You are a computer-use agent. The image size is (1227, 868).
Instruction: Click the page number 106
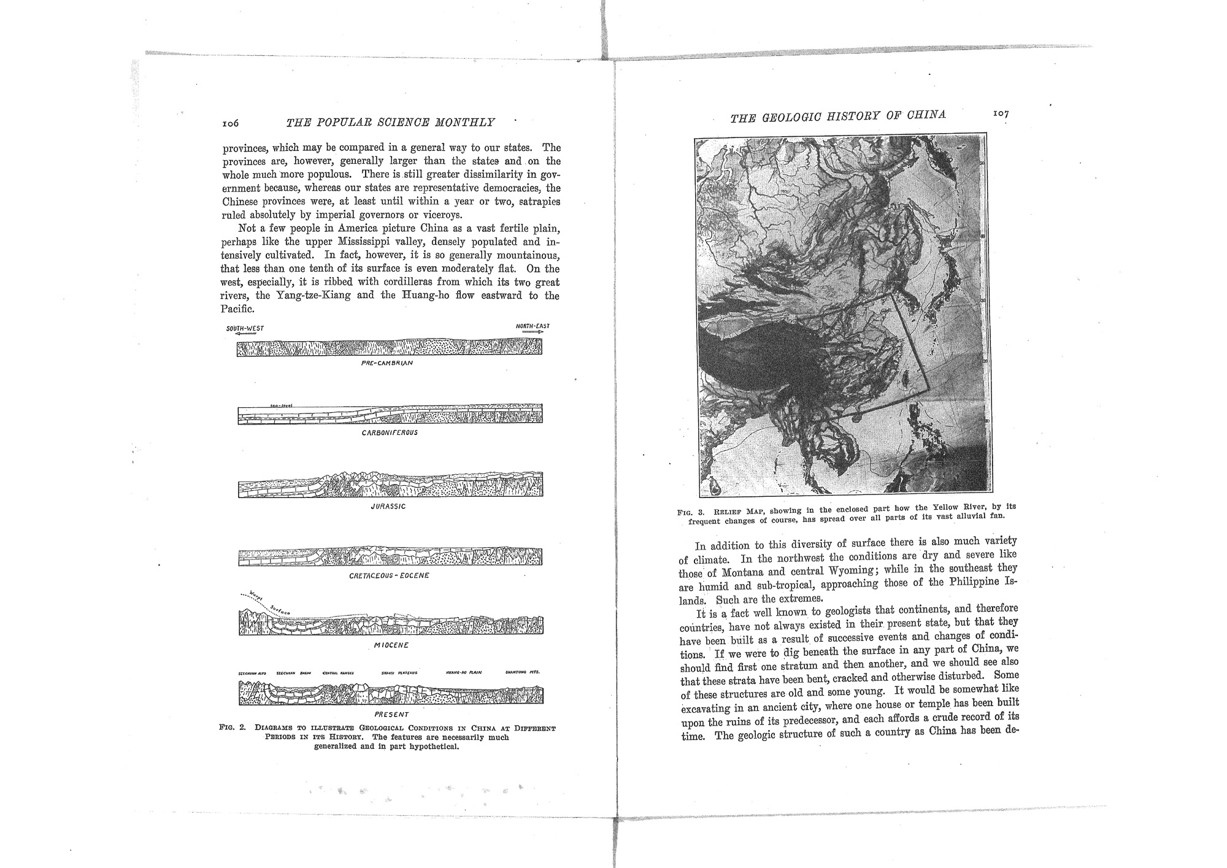(x=230, y=123)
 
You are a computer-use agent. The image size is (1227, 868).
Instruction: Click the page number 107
(x=1001, y=114)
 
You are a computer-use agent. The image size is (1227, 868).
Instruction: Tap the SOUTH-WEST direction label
(x=245, y=328)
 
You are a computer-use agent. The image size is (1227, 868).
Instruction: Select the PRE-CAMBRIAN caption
(x=387, y=363)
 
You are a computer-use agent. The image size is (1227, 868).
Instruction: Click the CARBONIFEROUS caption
(x=390, y=432)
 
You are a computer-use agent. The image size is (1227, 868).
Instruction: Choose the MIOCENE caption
(x=391, y=646)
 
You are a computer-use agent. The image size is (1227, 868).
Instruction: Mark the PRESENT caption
(x=391, y=714)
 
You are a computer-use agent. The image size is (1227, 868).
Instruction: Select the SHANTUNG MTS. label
(x=522, y=673)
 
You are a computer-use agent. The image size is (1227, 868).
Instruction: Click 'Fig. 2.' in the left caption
(x=233, y=729)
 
